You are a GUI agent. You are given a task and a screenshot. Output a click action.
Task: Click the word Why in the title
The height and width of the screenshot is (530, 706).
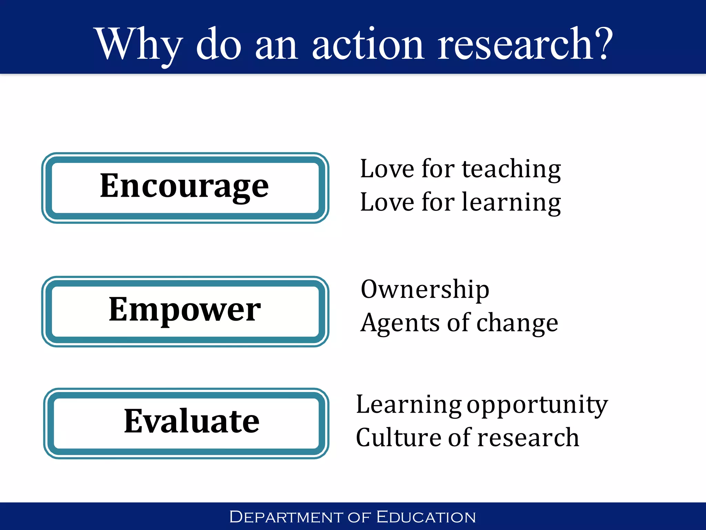point(138,45)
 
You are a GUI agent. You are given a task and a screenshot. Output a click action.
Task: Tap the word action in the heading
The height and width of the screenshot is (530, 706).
point(367,45)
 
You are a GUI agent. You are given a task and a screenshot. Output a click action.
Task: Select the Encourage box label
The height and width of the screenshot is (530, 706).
point(184,186)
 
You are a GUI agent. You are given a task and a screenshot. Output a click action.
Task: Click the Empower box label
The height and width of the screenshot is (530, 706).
point(184,310)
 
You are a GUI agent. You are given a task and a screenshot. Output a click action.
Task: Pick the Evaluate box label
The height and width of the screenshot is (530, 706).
point(192,421)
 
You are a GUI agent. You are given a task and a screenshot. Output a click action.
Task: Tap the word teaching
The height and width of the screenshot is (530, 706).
point(511,169)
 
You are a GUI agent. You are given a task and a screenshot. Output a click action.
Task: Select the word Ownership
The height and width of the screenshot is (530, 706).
point(425,289)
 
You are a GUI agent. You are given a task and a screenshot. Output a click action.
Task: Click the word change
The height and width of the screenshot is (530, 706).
point(517,323)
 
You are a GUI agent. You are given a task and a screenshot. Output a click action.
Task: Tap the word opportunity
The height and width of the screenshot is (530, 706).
point(537,405)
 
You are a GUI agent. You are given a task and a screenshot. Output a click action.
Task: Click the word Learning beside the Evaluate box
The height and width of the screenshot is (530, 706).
point(409,405)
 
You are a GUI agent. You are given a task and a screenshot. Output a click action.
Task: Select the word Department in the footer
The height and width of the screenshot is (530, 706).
point(286,517)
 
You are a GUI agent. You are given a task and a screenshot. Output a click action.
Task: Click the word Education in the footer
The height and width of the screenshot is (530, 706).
point(426,517)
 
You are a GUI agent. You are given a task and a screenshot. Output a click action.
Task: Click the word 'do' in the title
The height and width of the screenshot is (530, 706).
point(219,45)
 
